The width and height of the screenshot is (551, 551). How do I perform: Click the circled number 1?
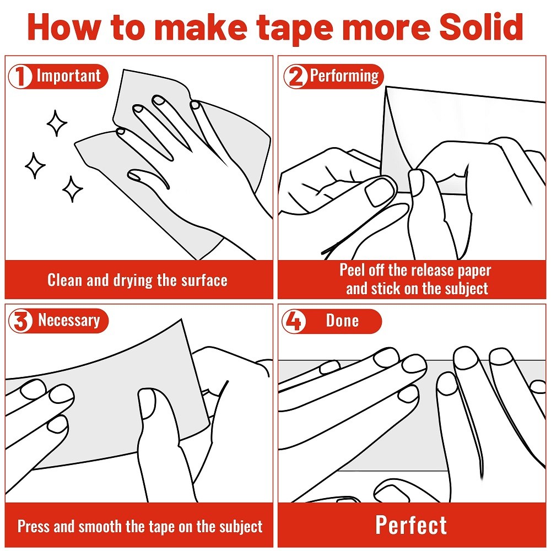pos(20,76)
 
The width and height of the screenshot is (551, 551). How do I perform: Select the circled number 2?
pos(295,76)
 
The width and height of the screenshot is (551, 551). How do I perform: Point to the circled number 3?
pos(20,321)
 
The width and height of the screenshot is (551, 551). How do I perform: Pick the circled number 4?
pos(294,321)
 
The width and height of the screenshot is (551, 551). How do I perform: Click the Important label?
pos(69,76)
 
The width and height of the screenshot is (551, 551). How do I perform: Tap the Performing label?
pos(344,76)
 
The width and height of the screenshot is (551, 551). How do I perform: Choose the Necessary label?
pos(69,321)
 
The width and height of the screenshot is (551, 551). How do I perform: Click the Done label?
pos(342,321)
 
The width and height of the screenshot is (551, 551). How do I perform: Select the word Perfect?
pos(411,525)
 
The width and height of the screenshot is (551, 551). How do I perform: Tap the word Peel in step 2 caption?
pos(350,270)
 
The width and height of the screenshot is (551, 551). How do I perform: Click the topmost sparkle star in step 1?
pos(57,123)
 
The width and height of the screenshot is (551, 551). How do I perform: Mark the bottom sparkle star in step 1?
pos(72,189)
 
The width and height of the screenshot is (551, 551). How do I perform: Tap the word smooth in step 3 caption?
pos(100,526)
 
